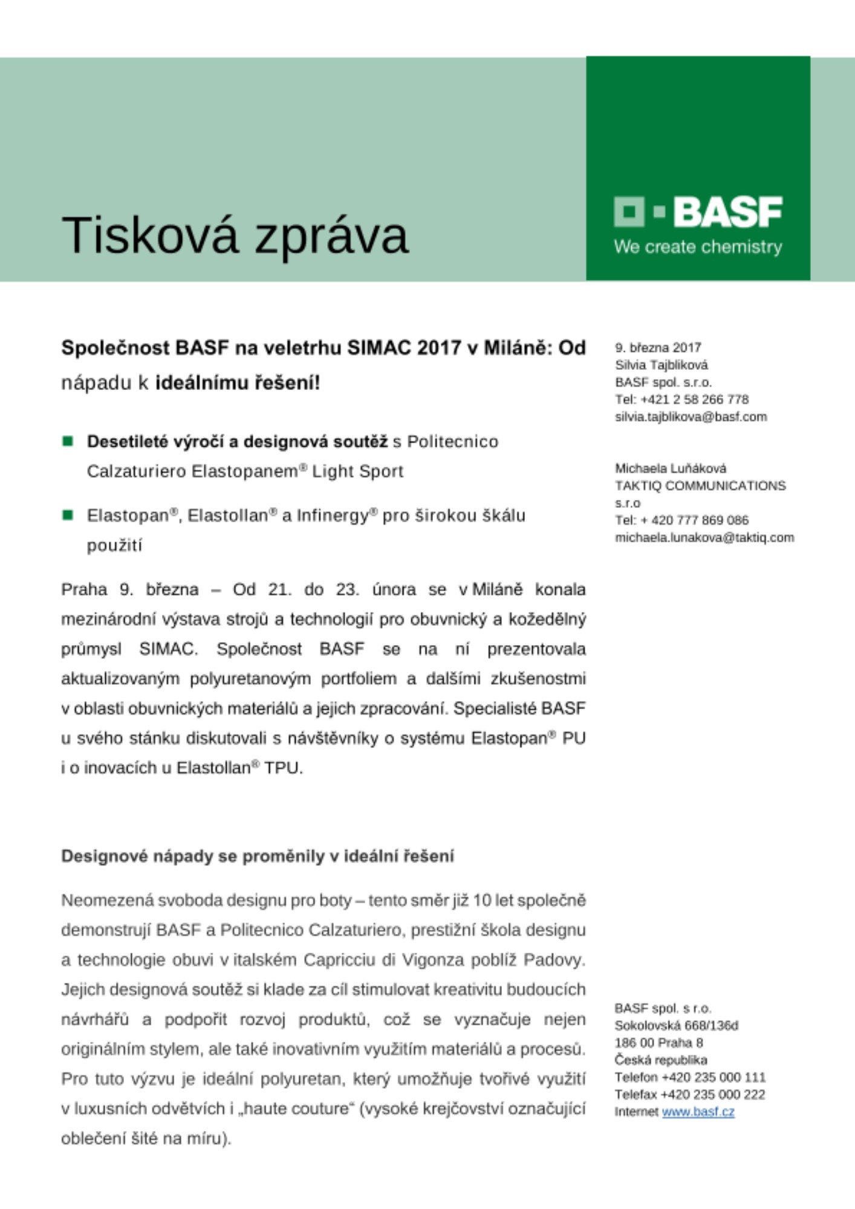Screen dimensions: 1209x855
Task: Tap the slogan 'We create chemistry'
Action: tap(698, 247)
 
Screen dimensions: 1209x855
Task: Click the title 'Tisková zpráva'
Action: tap(235, 235)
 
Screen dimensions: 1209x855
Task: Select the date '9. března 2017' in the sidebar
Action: tap(658, 348)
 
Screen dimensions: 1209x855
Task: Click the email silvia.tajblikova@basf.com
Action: tap(691, 417)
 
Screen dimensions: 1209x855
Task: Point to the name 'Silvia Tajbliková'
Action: tap(661, 365)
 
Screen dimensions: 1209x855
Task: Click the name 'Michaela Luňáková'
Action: tap(671, 468)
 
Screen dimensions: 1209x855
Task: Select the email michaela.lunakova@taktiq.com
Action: tap(704, 537)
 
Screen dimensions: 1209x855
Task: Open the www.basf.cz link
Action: tap(698, 1112)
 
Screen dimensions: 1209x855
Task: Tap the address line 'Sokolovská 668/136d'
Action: tap(676, 1025)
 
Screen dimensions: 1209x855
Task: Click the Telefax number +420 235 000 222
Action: tap(713, 1094)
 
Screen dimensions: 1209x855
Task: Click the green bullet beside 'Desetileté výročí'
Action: tap(68, 441)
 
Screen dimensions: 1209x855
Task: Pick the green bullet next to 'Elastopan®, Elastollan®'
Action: tap(68, 515)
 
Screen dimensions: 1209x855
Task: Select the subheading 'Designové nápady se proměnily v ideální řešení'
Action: tap(257, 856)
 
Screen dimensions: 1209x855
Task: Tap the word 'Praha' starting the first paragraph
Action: tap(84, 589)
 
